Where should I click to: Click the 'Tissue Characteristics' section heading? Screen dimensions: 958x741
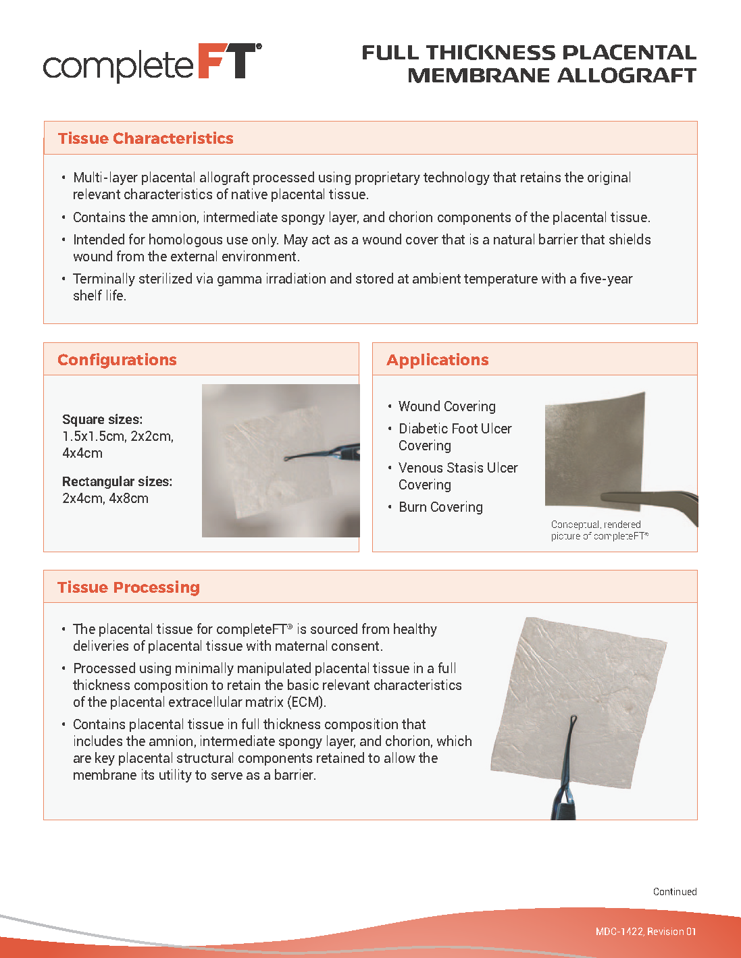coord(145,138)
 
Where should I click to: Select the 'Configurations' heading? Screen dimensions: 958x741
coord(117,360)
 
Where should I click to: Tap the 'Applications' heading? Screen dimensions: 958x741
coord(437,360)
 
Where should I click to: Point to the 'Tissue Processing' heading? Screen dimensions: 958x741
coord(128,587)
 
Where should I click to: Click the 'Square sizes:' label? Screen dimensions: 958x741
coord(102,419)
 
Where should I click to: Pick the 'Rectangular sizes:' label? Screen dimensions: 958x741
coord(117,481)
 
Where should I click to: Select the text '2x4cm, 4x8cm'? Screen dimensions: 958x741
coord(105,498)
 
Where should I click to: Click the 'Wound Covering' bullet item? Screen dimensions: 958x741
coord(446,406)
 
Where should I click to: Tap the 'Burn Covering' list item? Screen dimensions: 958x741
coord(440,507)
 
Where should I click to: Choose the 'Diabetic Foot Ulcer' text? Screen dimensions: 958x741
coord(455,429)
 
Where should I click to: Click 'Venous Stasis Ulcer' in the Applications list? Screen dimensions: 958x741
coord(458,468)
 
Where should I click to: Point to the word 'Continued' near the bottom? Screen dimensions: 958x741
coord(674,892)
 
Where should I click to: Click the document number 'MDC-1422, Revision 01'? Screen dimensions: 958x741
coord(645,932)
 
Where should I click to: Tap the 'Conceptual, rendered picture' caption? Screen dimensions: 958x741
coord(598,530)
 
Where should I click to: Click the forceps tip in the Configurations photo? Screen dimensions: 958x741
coord(288,459)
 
